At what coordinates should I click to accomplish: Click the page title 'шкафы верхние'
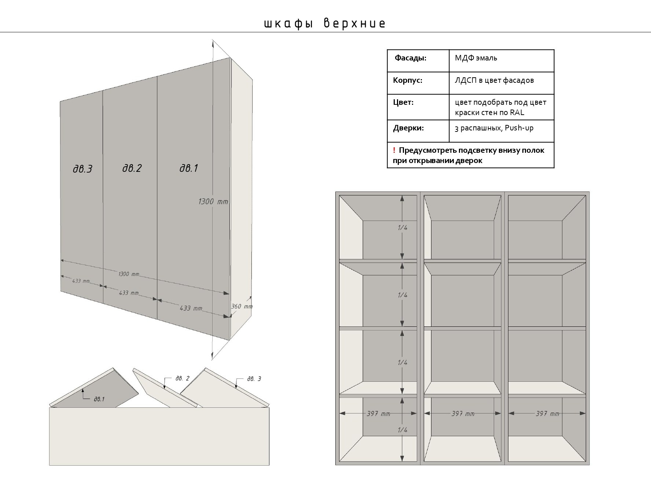click(x=325, y=23)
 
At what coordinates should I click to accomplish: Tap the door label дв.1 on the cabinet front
click(x=189, y=168)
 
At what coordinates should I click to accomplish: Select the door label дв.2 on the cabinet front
click(x=132, y=168)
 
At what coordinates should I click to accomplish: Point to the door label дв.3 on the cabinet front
click(x=82, y=169)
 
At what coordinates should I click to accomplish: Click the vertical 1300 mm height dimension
click(x=213, y=202)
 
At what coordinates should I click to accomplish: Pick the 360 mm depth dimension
click(x=242, y=306)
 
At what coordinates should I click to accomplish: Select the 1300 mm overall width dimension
click(x=129, y=274)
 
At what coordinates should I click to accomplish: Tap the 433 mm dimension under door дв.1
click(x=191, y=308)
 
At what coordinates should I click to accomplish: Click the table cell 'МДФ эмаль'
click(x=476, y=58)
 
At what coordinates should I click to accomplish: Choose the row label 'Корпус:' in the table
click(x=407, y=80)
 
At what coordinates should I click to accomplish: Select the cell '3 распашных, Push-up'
click(x=494, y=128)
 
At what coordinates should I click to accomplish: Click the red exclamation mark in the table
click(x=394, y=150)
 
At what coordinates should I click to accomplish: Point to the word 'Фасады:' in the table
click(x=410, y=58)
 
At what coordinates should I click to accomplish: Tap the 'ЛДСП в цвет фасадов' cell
click(x=494, y=80)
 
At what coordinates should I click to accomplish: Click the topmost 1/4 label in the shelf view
click(x=402, y=228)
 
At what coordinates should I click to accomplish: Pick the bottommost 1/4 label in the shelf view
click(x=402, y=430)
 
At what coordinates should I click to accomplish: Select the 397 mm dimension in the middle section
click(x=463, y=414)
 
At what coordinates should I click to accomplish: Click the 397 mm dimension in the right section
click(x=547, y=414)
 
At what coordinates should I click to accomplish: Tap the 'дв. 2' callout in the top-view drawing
click(x=182, y=378)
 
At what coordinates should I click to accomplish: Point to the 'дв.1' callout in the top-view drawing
click(x=99, y=399)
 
